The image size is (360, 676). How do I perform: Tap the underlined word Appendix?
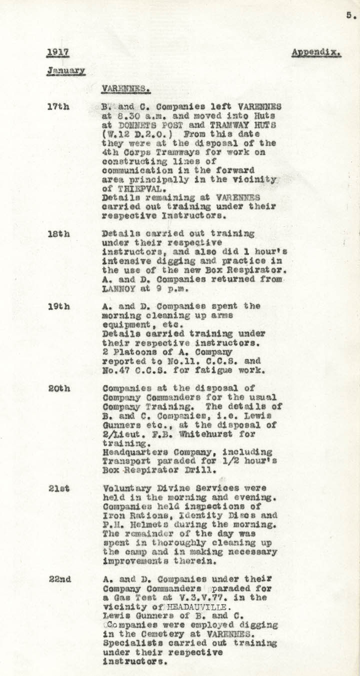316,52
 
